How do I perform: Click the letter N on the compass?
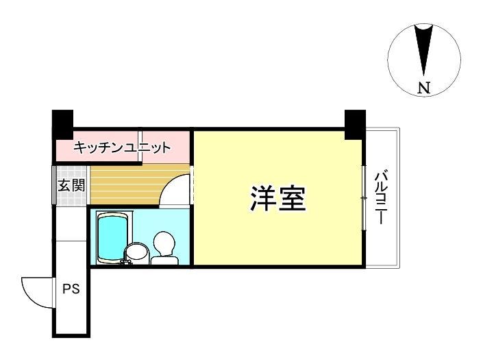(424, 88)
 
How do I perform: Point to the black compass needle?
(423, 50)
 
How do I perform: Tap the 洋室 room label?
(278, 198)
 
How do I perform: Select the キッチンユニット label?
(122, 147)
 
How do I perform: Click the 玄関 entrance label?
(71, 185)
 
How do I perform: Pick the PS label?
(71, 289)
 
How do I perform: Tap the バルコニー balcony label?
(381, 198)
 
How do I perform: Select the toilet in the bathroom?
(164, 248)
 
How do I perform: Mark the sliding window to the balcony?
(364, 197)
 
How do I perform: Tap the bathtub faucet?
(126, 262)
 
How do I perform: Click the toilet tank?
(164, 261)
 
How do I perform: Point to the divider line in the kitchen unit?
(140, 146)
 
